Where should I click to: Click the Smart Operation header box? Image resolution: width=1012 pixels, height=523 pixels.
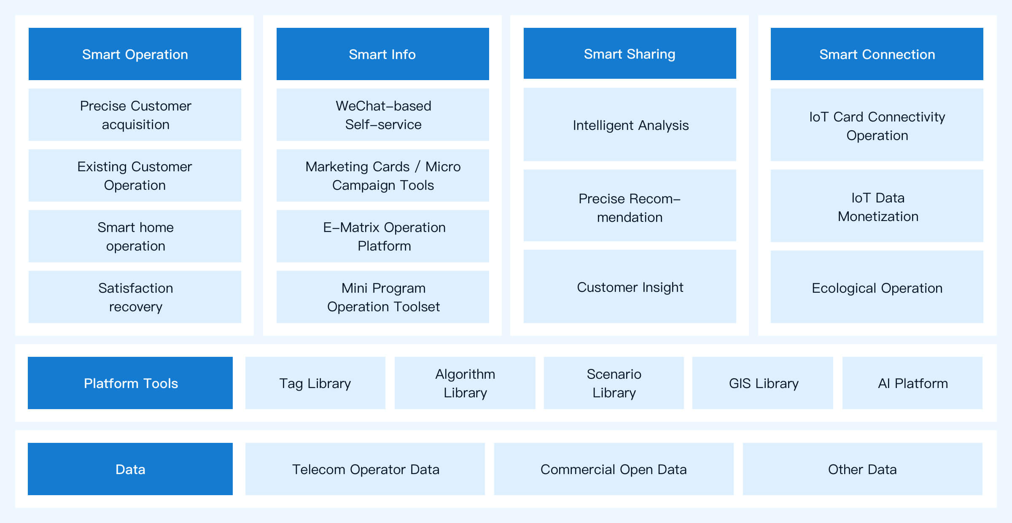(135, 54)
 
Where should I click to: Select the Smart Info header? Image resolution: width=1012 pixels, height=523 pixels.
(383, 54)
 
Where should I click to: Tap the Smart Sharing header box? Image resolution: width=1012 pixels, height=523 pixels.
(630, 54)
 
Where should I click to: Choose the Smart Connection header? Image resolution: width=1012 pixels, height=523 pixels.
(877, 54)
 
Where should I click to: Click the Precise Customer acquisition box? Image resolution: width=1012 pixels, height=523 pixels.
(135, 115)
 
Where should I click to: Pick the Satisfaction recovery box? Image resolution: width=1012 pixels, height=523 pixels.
(135, 297)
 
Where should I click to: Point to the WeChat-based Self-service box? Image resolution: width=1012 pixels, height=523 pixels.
(383, 115)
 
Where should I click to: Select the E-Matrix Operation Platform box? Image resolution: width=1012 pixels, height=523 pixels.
(383, 236)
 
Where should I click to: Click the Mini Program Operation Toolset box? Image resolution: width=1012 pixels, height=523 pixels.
(383, 297)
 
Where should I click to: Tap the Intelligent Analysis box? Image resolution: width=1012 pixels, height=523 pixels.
(630, 124)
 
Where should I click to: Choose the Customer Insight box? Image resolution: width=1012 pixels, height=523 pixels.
(630, 286)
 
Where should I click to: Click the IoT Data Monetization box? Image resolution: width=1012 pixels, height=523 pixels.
(877, 206)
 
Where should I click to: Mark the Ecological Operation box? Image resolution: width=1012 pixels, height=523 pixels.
(877, 287)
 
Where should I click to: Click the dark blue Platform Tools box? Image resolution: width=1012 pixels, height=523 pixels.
(130, 383)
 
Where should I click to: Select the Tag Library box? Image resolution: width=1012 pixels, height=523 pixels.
(315, 383)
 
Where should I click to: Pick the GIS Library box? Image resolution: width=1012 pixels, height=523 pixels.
(763, 383)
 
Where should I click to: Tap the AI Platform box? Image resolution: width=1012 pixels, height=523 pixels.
(912, 383)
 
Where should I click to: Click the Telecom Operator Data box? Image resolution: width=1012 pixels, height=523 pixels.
(365, 469)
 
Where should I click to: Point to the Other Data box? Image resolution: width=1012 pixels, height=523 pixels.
(863, 469)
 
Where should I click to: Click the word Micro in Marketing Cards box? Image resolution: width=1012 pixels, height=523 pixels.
(443, 167)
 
